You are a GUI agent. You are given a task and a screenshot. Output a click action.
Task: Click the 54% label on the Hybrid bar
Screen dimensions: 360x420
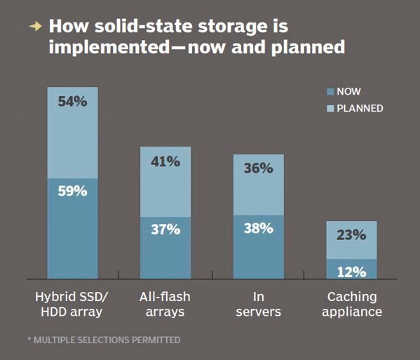tap(72, 102)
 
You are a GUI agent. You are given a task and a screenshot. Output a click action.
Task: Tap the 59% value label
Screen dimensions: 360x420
tap(72, 190)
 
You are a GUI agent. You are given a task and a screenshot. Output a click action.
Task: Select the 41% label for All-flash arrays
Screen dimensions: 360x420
tap(165, 161)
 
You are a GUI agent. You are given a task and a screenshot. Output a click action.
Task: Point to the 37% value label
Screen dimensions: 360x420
tap(165, 229)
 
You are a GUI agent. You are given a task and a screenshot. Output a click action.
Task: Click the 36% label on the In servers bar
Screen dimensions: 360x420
tap(258, 168)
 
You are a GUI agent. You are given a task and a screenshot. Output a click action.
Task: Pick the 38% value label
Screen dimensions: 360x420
tap(258, 227)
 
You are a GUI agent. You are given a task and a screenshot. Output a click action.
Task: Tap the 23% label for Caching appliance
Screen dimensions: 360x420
tap(351, 235)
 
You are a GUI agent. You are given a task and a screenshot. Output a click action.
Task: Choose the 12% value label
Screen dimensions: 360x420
tap(351, 271)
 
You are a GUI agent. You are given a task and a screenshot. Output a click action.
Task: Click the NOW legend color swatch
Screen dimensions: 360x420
tap(330, 92)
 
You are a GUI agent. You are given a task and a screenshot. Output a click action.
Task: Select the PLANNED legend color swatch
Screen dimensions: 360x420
tap(330, 109)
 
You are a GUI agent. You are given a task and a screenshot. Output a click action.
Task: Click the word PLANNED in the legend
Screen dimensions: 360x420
tap(360, 109)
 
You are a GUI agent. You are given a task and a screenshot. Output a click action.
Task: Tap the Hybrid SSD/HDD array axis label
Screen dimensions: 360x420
tap(72, 304)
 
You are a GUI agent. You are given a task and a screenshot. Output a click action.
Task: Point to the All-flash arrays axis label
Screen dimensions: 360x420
tap(165, 304)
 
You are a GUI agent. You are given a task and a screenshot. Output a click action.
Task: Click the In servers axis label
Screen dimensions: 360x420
tap(258, 304)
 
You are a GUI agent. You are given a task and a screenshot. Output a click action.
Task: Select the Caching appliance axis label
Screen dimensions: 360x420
tap(351, 304)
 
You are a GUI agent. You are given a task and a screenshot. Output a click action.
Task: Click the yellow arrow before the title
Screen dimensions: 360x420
tap(35, 27)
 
